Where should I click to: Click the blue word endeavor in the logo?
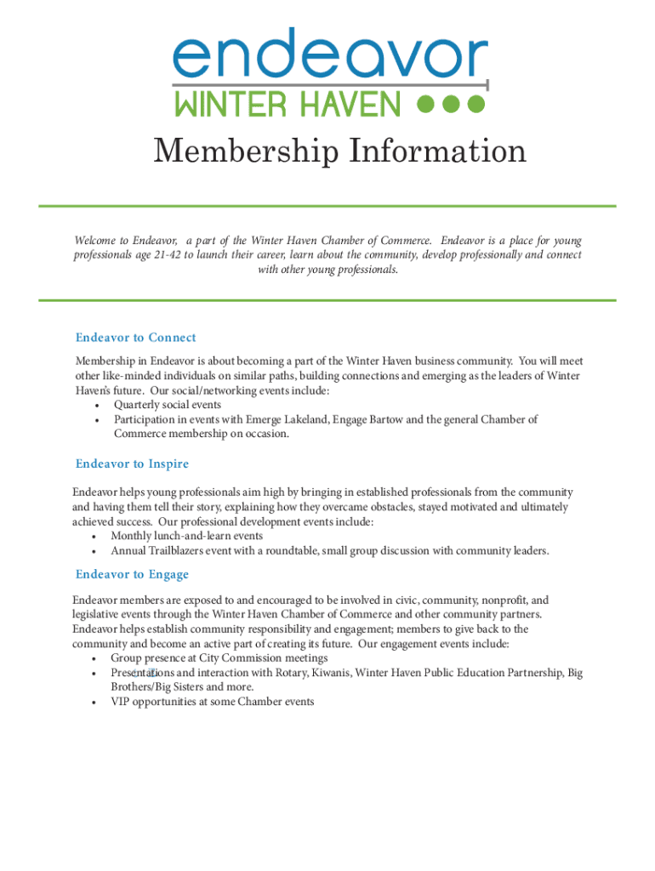pos(330,57)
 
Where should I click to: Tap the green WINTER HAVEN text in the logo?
pos(288,105)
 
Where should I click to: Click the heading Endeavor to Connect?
pos(135,338)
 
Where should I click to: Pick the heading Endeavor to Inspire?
pos(132,464)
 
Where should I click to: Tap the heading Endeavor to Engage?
pos(132,574)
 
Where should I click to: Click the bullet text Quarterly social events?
pos(168,405)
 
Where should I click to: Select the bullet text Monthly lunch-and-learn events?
pos(186,536)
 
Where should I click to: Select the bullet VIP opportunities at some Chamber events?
pos(212,702)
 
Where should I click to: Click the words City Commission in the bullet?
pos(239,658)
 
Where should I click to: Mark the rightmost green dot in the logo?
pos(476,104)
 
